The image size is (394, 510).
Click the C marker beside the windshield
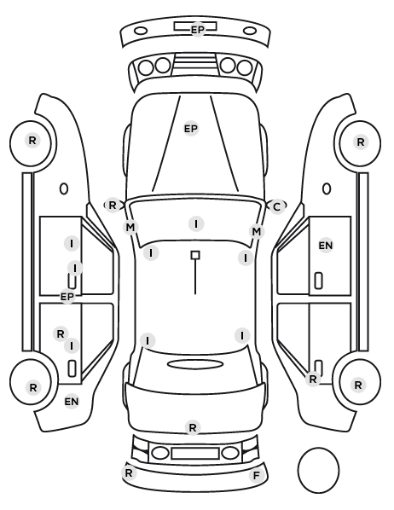pos(276,206)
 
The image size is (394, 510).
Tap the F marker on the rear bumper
pos(257,476)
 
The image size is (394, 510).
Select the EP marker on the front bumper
pos(198,30)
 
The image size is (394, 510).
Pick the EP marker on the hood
pos(191,129)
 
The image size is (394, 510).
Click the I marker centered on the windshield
pos(196,223)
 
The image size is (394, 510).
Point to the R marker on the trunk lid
pos(193,427)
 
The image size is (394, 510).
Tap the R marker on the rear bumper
pos(129,472)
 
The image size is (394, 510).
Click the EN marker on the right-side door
pos(326,246)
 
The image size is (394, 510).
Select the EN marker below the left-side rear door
pos(72,402)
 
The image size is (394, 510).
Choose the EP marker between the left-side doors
pos(67,296)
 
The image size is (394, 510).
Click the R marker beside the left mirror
pos(112,206)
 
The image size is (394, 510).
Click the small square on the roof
pos(195,255)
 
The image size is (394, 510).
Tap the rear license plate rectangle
pos(195,453)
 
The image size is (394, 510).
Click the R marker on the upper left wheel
pos(32,141)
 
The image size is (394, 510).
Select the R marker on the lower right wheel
pos(358,385)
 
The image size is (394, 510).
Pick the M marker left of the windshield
pos(130,227)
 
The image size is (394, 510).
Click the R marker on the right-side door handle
pos(313,379)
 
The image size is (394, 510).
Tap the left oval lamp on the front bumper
pos(141,32)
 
